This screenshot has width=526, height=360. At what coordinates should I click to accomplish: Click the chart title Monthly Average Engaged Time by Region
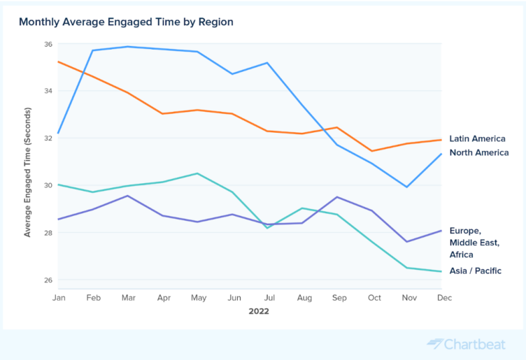coord(126,22)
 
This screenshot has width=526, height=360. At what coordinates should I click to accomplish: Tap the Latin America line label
coord(477,138)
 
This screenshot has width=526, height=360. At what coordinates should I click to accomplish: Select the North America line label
coord(478,152)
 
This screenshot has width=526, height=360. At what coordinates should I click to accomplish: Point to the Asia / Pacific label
coord(475,271)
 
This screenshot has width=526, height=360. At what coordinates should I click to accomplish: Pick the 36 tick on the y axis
coord(48,44)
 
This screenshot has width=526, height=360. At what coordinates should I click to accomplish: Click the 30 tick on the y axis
coord(48,185)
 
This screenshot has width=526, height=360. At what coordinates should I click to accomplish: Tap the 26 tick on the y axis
coord(48,280)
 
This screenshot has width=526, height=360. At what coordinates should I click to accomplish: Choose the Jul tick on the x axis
coord(269,298)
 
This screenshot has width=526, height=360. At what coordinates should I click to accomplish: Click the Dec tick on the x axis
coord(444,298)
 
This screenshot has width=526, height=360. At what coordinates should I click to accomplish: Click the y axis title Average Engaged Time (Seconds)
coord(28,172)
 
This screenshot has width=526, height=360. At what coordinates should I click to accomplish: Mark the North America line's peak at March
coord(127,47)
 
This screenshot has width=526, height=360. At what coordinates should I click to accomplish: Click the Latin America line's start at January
coord(58,62)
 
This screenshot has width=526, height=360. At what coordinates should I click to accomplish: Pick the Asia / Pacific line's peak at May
coord(198,173)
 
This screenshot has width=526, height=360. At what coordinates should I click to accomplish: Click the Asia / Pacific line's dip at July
coord(269,228)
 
